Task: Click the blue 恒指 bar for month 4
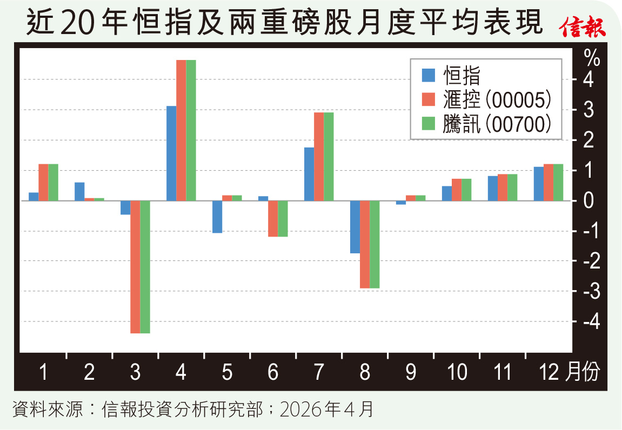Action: click(171, 153)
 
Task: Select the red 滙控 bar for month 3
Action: click(135, 267)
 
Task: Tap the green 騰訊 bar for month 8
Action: click(374, 244)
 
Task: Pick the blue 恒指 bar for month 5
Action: click(217, 217)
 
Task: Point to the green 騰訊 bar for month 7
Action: click(329, 157)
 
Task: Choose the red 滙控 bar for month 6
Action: click(273, 218)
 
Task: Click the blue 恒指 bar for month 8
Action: click(355, 227)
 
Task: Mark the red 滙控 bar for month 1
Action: click(43, 182)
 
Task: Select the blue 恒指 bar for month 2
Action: click(79, 191)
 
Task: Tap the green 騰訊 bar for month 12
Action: click(558, 182)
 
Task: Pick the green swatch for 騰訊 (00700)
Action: click(429, 124)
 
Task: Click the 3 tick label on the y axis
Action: click(590, 110)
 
